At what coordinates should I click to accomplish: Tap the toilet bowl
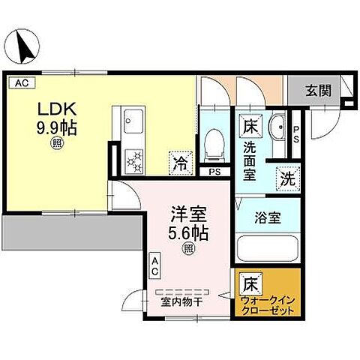[x=215, y=141]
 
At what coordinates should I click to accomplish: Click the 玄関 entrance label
[x=317, y=90]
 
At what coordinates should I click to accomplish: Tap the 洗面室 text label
[x=250, y=159]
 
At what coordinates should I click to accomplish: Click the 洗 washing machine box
[x=287, y=179]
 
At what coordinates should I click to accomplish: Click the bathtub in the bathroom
[x=267, y=248]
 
